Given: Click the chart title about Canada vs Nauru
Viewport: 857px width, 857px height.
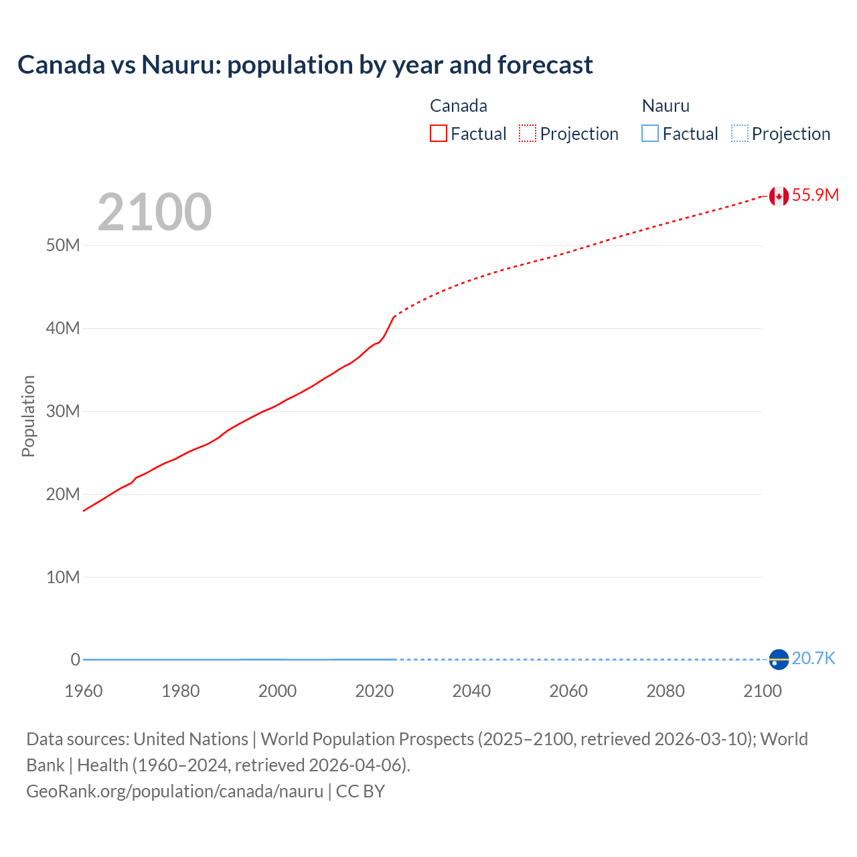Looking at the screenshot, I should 305,65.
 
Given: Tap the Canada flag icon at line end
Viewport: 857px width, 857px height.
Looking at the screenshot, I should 779,196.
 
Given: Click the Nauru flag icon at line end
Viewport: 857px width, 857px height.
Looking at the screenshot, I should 779,659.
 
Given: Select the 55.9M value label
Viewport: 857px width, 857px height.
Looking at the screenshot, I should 815,195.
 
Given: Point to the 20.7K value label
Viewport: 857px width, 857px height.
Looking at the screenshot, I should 813,659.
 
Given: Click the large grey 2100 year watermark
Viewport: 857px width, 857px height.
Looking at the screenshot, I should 155,213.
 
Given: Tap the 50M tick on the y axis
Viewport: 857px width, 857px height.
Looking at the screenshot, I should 63,246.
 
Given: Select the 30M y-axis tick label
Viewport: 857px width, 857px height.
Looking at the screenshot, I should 63,411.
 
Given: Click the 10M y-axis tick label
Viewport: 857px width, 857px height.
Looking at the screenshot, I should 63,577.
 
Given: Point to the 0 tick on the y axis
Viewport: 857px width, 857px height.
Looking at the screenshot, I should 75,660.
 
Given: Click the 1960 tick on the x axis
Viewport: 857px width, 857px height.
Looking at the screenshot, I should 84,691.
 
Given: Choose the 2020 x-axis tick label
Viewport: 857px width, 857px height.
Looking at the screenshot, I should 374,691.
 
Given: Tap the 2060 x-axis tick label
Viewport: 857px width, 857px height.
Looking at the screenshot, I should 568,691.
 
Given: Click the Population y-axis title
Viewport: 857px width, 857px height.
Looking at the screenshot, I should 28,416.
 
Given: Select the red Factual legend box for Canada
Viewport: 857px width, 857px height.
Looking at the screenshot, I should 439,134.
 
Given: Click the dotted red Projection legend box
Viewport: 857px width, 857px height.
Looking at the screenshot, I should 528,134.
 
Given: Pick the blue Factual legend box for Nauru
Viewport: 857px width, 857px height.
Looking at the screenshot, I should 650,134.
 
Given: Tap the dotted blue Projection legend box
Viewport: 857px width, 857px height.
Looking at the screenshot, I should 740,134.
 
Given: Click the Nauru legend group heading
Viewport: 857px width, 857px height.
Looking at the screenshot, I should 666,106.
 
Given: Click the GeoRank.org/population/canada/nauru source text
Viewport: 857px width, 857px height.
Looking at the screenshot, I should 175,791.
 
